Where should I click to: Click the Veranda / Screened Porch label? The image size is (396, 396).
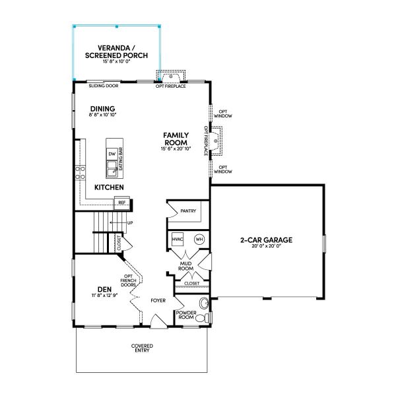point(116,52)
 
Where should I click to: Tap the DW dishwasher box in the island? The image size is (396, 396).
point(112,154)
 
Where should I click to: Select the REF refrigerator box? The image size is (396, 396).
point(122,203)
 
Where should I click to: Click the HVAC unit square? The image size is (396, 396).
point(178,239)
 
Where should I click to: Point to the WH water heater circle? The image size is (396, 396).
point(199,239)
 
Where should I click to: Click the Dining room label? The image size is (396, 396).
point(103,109)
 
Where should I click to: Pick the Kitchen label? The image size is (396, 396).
point(110,188)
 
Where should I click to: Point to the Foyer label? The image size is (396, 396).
point(158,300)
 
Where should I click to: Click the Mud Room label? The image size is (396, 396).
point(185,266)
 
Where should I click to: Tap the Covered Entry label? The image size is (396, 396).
point(142,347)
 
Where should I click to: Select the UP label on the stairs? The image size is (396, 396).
point(130,223)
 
